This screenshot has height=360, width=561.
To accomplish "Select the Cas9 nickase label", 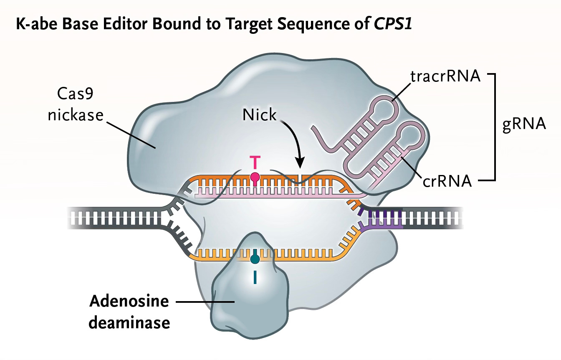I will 75,104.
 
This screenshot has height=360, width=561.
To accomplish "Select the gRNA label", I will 524,124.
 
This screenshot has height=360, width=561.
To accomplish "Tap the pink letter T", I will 255,161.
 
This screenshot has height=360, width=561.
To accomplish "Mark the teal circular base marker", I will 255,259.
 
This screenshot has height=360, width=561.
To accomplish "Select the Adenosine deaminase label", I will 129,312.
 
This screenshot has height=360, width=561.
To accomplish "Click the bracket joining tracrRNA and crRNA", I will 495,127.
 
